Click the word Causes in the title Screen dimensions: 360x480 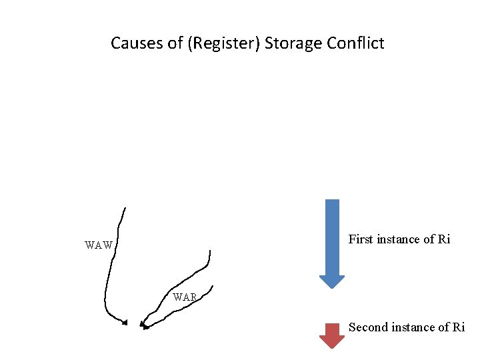[133, 44]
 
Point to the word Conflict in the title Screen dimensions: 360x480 [355, 44]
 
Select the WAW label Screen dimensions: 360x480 [99, 245]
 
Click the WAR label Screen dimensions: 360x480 [185, 297]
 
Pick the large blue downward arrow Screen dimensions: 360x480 [332, 240]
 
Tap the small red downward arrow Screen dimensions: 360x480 [332, 335]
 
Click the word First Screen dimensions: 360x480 [361, 239]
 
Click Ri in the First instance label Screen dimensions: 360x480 [444, 239]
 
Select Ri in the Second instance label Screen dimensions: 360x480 [459, 327]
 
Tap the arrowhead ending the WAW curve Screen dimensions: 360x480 [124, 323]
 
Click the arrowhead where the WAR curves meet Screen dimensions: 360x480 [143, 325]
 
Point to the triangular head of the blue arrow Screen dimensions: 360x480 [332, 281]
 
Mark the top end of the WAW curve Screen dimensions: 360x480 [125, 208]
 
